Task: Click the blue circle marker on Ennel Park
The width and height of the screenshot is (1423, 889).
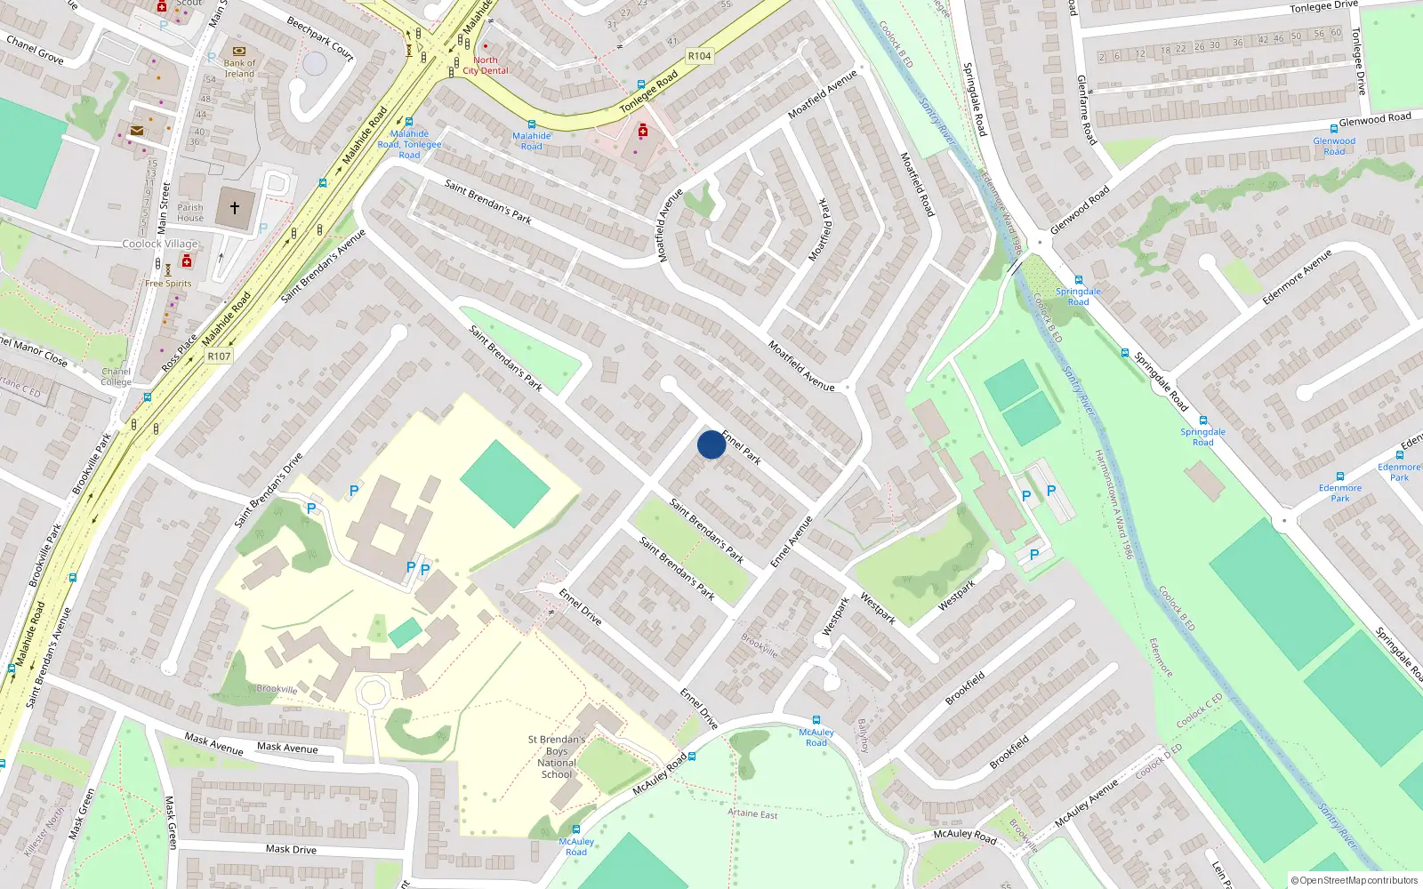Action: click(711, 444)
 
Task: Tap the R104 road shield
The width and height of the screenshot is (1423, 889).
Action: click(699, 56)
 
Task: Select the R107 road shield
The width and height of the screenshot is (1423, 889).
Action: click(219, 356)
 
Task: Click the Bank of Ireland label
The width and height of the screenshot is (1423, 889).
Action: click(239, 68)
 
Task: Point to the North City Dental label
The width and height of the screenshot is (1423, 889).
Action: click(486, 66)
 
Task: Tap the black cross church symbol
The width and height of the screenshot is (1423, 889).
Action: click(235, 208)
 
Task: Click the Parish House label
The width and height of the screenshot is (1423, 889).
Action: click(190, 212)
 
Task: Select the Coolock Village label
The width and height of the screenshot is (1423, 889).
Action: click(160, 244)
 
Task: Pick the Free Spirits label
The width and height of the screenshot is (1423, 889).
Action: click(168, 284)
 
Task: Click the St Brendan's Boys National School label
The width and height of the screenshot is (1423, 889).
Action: click(557, 757)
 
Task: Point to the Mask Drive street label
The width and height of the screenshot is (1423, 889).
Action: click(291, 849)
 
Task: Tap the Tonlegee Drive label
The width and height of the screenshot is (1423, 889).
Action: click(1324, 6)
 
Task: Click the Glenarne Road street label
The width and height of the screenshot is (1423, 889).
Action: click(1087, 109)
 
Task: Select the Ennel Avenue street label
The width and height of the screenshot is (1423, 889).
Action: click(792, 541)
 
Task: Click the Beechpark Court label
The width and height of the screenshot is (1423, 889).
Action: click(320, 38)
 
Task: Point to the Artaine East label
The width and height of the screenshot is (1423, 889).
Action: click(752, 813)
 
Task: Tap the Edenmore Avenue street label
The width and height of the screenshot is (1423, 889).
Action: click(1297, 277)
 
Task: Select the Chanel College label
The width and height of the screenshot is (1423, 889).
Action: click(116, 377)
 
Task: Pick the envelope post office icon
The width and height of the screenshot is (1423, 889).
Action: click(137, 131)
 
